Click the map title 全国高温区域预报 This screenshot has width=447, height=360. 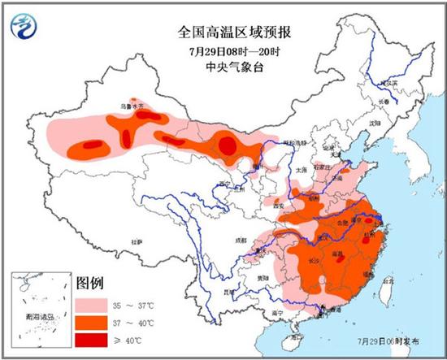223,32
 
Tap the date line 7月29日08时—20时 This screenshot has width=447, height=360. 223,50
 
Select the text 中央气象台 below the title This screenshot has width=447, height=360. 223,68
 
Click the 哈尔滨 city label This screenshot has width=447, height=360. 391,82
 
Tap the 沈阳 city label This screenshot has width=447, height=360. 373,123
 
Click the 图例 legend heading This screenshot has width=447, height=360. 90,284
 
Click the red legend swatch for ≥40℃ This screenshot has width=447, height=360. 93,339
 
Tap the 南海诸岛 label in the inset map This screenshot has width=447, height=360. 38,316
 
